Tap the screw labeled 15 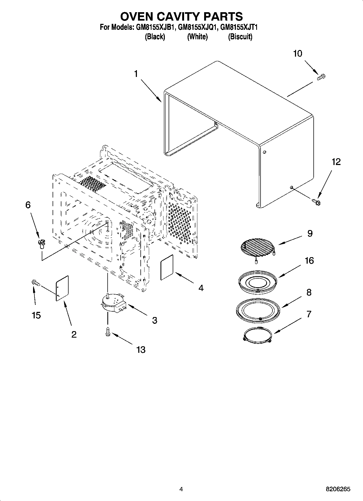36,283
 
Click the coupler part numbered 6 41,244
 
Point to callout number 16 309,261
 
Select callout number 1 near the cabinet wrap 136,74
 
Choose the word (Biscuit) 240,37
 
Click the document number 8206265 338,489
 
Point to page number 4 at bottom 181,489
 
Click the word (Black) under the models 155,37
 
